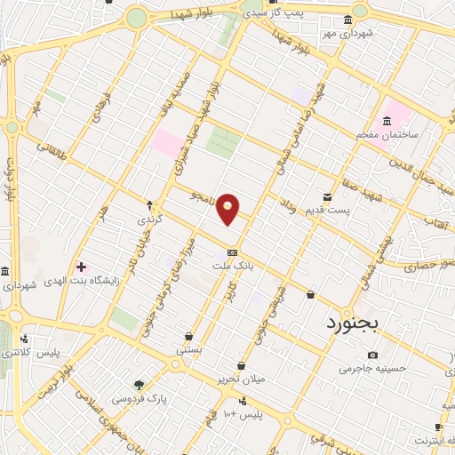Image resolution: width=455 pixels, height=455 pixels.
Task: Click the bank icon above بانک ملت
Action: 233,251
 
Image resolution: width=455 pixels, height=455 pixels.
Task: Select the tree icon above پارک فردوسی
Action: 138,384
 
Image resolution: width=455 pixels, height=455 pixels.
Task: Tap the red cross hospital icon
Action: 81,267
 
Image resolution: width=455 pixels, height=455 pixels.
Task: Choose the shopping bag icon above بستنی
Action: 189,337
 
